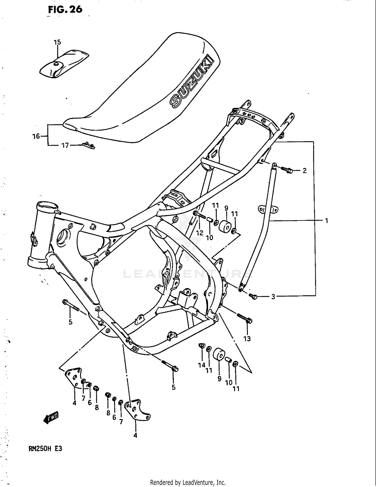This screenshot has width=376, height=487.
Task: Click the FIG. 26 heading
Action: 65,10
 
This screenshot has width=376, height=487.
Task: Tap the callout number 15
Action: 57,42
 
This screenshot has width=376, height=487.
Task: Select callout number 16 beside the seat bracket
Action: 36,136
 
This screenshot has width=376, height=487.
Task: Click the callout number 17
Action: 65,146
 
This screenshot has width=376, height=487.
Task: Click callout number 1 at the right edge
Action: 326,221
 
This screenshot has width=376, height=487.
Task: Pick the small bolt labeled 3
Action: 253,297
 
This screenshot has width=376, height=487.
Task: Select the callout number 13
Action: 247,339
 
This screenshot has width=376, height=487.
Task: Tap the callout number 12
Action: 200,233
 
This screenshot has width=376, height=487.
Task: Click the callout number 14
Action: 202,365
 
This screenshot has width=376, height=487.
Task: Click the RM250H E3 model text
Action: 45,448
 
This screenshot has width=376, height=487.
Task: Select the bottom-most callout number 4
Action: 135,435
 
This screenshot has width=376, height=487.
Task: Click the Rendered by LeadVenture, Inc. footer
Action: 188,482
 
